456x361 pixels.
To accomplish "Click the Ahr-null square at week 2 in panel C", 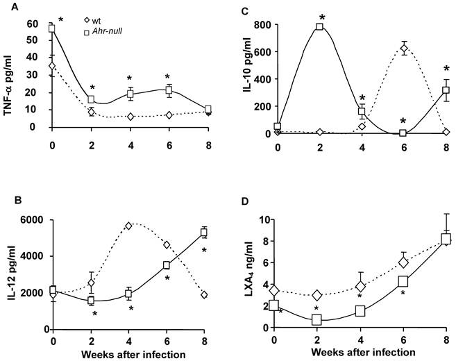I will click(319, 26).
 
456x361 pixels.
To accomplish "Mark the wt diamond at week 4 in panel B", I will click(128, 226).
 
